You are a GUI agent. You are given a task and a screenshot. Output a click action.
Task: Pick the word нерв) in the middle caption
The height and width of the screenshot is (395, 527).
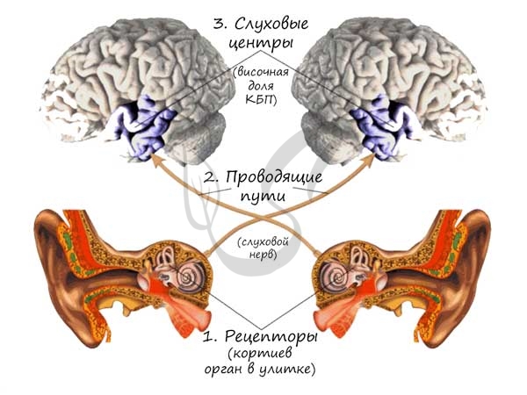(264, 254)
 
